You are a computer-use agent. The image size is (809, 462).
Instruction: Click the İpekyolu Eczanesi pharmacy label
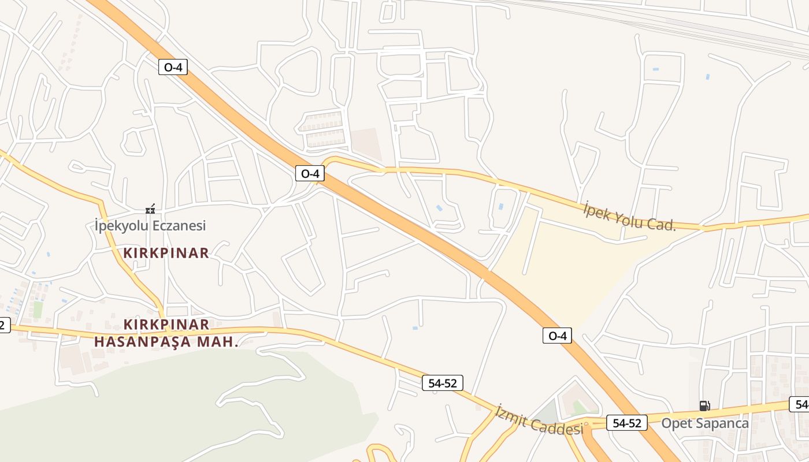point(150,225)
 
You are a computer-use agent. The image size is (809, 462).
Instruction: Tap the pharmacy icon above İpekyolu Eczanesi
point(150,209)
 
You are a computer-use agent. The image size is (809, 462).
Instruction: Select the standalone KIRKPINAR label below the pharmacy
point(166,253)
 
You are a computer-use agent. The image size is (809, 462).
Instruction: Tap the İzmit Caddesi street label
point(539,420)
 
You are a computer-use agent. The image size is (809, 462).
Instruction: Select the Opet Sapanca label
point(704,423)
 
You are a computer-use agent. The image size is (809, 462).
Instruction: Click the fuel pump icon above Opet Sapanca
point(704,406)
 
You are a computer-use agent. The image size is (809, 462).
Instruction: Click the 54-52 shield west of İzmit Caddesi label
point(442,382)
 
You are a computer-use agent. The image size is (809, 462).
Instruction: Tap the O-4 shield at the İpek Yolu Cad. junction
point(310,173)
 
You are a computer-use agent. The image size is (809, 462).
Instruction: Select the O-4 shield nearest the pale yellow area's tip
point(557,336)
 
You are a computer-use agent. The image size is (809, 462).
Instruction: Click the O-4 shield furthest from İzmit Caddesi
point(173,67)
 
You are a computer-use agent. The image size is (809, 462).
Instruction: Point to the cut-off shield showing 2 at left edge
point(4,325)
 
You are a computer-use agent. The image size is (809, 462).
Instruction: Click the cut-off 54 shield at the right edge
point(800,404)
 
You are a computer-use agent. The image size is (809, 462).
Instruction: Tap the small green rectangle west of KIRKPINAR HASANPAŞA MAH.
point(38,310)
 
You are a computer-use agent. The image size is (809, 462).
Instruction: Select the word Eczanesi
point(179,225)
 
